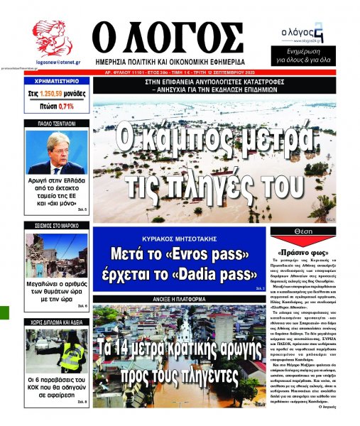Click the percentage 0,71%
coord(65,106)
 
